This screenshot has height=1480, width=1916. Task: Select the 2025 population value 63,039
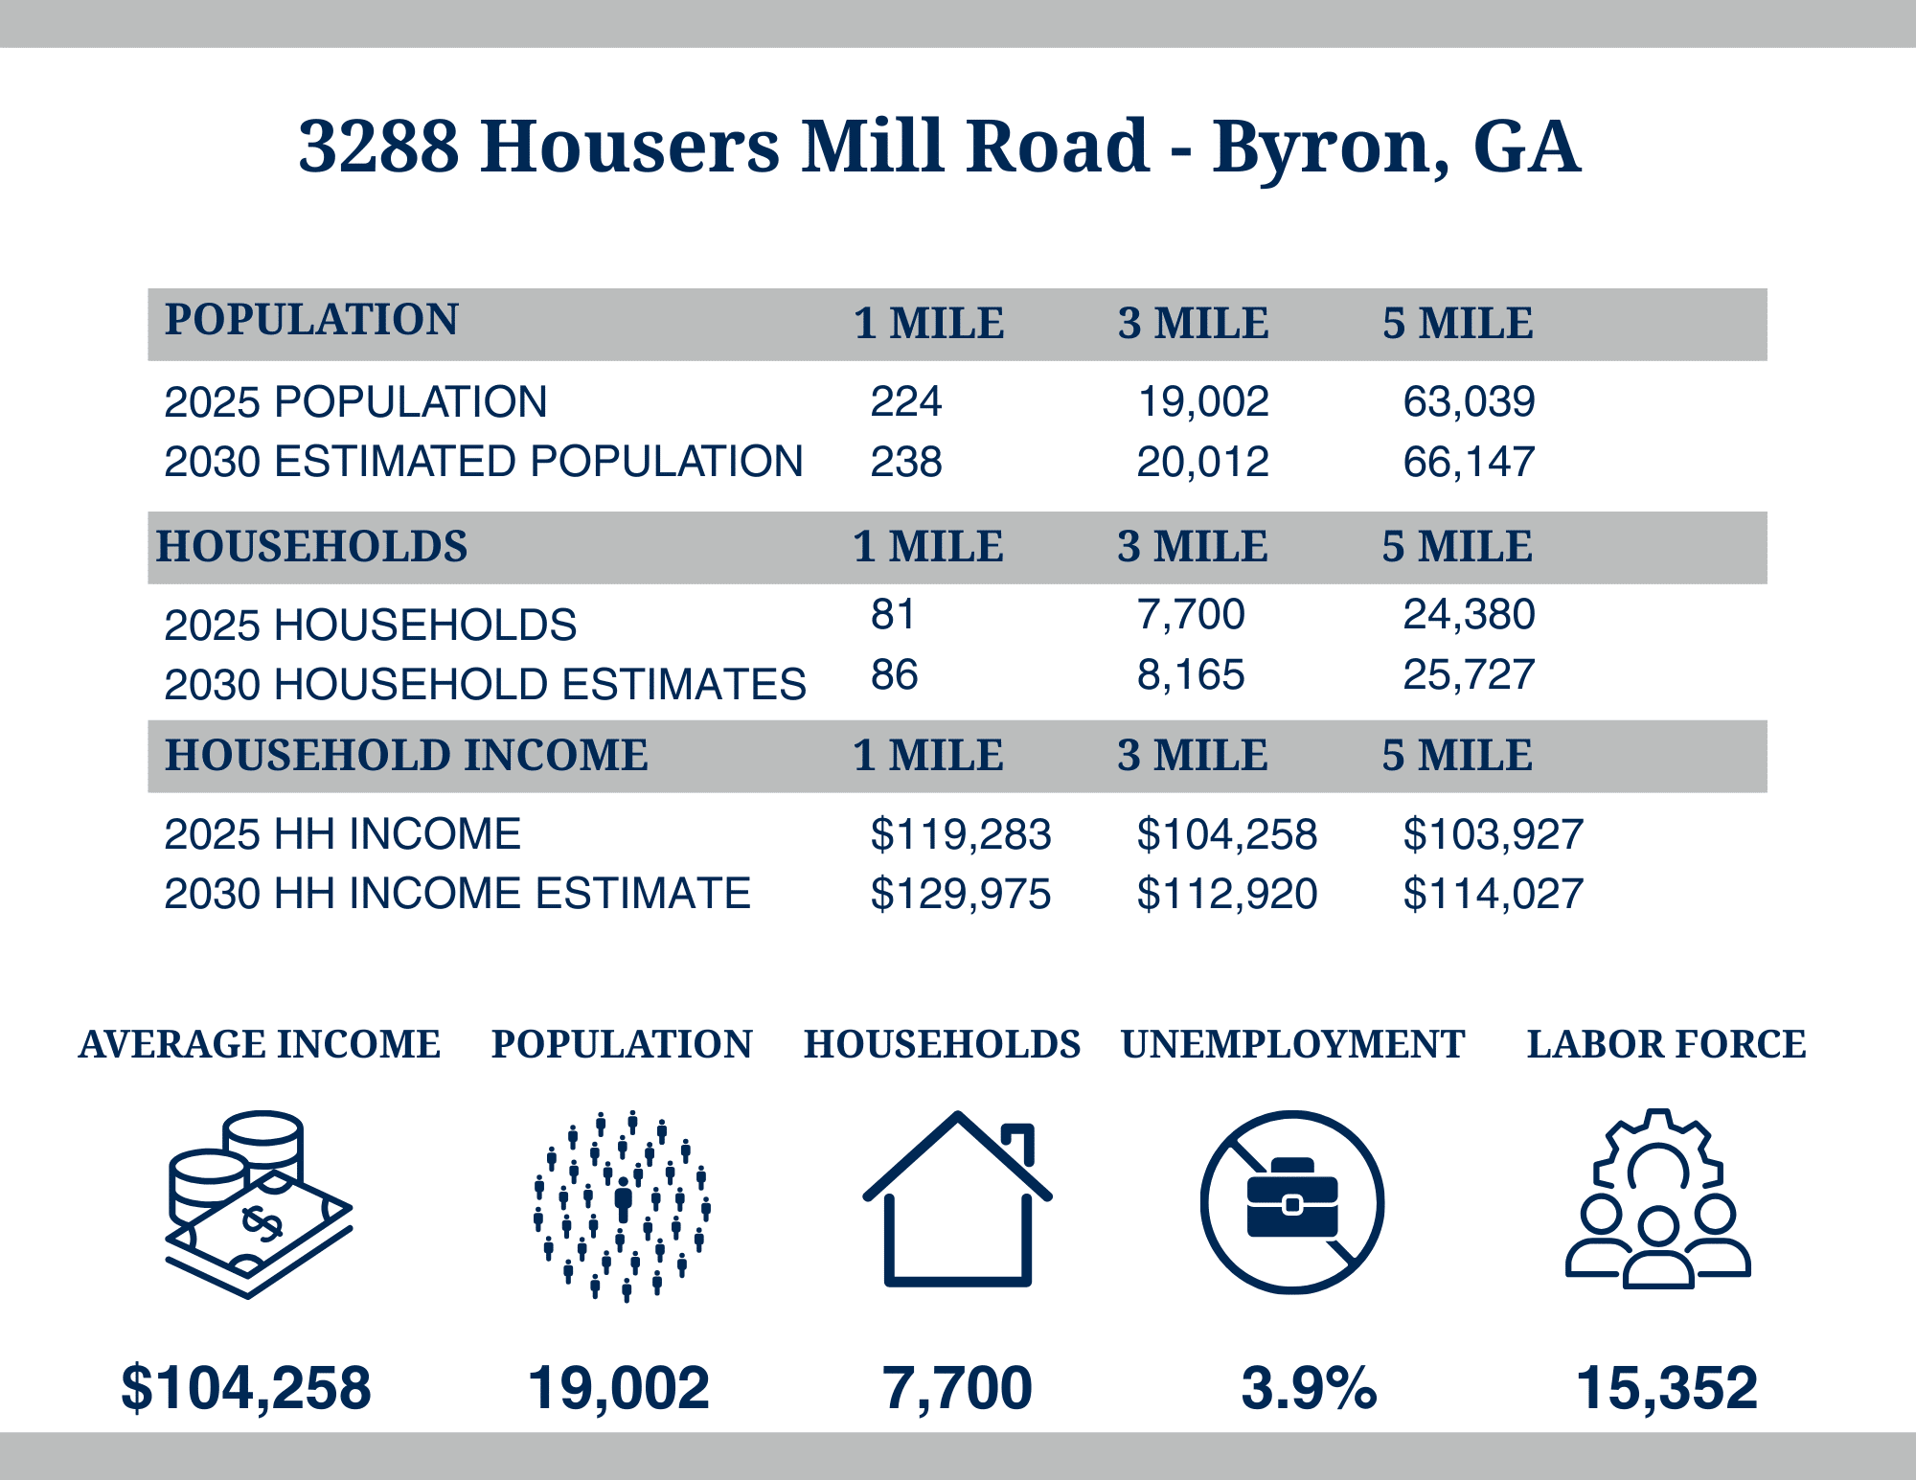coord(1469,401)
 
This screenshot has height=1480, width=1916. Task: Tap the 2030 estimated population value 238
coord(905,462)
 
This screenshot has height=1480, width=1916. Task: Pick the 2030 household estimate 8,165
coord(1190,675)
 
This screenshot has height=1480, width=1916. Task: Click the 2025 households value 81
coord(892,614)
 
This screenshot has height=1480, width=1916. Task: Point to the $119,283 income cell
coord(960,834)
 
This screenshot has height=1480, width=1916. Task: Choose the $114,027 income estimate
coord(1493,894)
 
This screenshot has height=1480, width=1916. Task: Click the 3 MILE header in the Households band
coord(1192,547)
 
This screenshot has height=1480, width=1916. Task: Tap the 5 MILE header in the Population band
coord(1457,324)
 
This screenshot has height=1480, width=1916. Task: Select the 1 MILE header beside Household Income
coord(927,756)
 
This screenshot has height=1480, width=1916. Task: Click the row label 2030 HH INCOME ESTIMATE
coord(457,894)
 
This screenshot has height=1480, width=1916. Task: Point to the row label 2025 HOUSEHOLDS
coord(370,626)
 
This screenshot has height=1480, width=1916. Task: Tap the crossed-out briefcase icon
coord(1291,1202)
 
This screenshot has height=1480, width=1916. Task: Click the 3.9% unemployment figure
coord(1309,1388)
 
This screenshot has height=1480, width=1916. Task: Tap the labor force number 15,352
coord(1666,1388)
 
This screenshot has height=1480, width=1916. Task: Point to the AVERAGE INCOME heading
coord(260,1044)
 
